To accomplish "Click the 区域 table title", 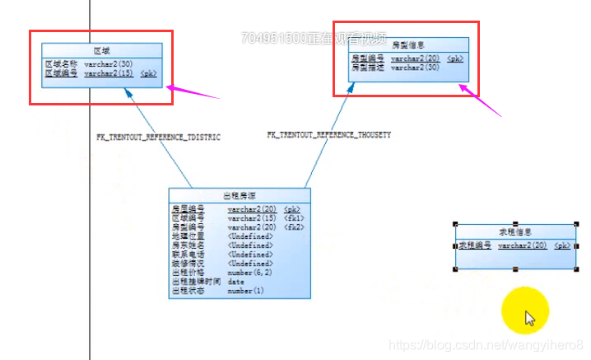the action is tap(100, 50).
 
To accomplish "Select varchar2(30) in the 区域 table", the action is tap(107, 64).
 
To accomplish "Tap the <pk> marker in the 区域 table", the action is tap(149, 73).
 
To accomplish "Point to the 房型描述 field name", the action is tap(367, 68).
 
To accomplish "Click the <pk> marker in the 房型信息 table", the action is tap(455, 58).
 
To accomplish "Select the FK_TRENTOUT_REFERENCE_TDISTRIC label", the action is tap(159, 136).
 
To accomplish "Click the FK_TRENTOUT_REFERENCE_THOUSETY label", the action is tap(329, 133).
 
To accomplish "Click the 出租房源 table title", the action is tap(239, 196).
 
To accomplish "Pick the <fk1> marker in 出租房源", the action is tap(294, 218).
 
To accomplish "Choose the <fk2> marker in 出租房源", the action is tap(294, 227).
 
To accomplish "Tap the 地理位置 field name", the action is tap(188, 236).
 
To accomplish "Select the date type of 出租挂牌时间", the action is tap(236, 282).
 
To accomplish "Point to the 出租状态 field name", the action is tap(188, 291).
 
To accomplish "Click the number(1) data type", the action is tap(246, 291).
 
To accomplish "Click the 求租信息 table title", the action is tap(515, 232).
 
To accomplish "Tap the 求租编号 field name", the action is tap(475, 245).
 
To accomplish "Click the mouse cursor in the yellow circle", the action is tap(529, 318).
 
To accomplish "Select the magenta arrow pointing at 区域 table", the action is tap(193, 91).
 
